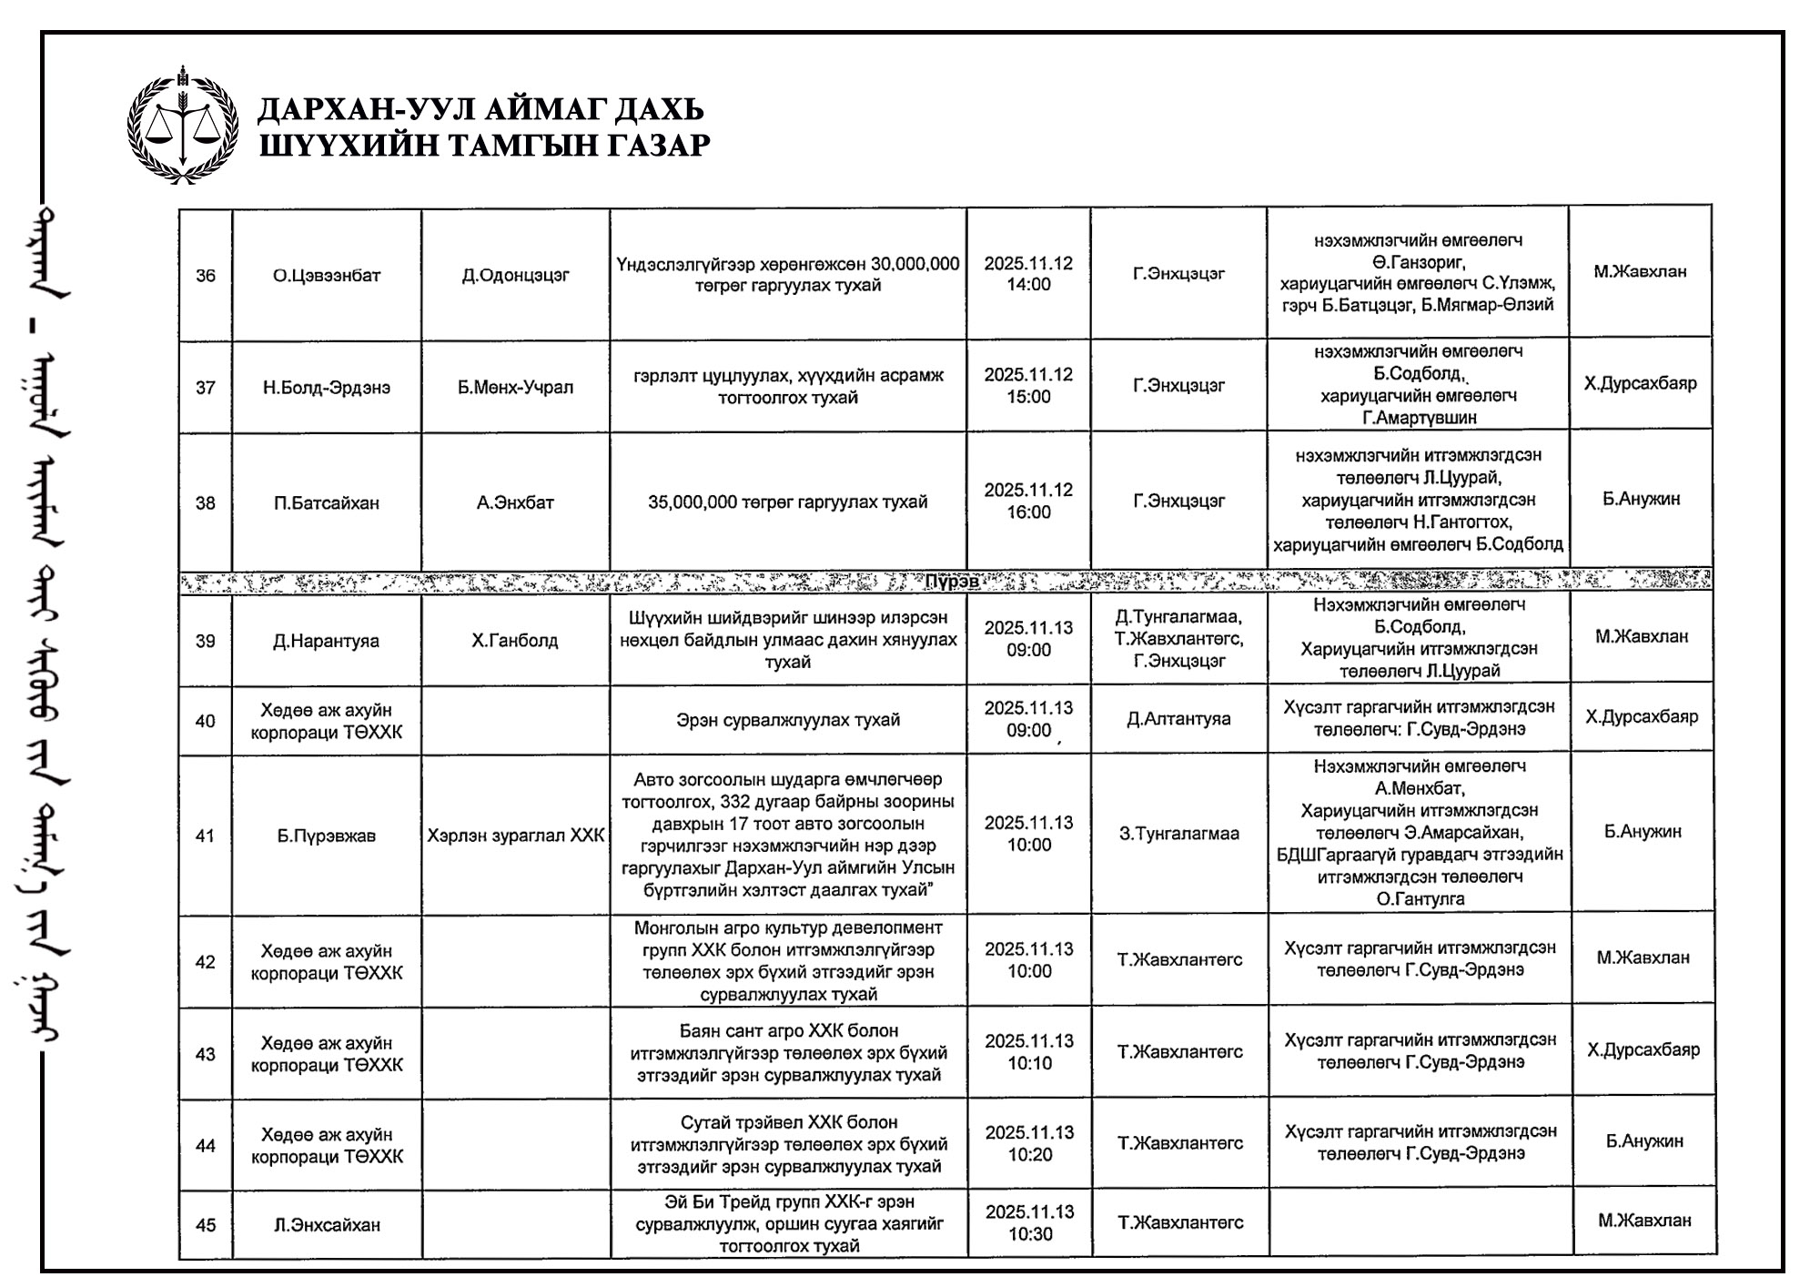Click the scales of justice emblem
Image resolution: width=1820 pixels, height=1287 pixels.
(182, 126)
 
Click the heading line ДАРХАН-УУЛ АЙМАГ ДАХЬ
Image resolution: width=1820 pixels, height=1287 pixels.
(480, 110)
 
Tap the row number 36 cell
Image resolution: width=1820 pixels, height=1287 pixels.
(206, 276)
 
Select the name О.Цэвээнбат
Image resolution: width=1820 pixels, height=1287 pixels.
(327, 276)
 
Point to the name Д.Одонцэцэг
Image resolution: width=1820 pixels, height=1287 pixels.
(515, 276)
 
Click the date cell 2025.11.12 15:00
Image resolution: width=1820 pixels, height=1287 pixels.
(1028, 386)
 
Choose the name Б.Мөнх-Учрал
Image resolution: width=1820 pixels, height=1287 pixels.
(515, 388)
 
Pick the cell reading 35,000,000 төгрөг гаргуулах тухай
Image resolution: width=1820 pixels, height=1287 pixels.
(787, 502)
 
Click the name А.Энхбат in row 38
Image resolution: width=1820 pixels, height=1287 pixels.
(515, 502)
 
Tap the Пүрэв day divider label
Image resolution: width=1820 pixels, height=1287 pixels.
(952, 582)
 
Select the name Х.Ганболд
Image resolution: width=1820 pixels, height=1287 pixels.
(515, 641)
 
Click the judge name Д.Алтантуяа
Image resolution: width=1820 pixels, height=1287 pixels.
(1178, 719)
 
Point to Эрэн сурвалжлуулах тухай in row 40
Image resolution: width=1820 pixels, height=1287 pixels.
(787, 720)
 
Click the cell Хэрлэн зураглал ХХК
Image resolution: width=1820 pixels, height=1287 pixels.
(515, 836)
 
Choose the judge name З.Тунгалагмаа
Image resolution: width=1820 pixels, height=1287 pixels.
(1178, 834)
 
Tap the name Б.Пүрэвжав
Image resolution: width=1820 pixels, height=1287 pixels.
(327, 836)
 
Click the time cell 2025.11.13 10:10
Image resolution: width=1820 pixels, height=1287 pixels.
(1029, 1052)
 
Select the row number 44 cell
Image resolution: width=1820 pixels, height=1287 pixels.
(206, 1146)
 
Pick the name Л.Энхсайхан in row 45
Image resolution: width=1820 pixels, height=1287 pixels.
(327, 1225)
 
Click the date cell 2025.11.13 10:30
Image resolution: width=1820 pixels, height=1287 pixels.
(1029, 1223)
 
